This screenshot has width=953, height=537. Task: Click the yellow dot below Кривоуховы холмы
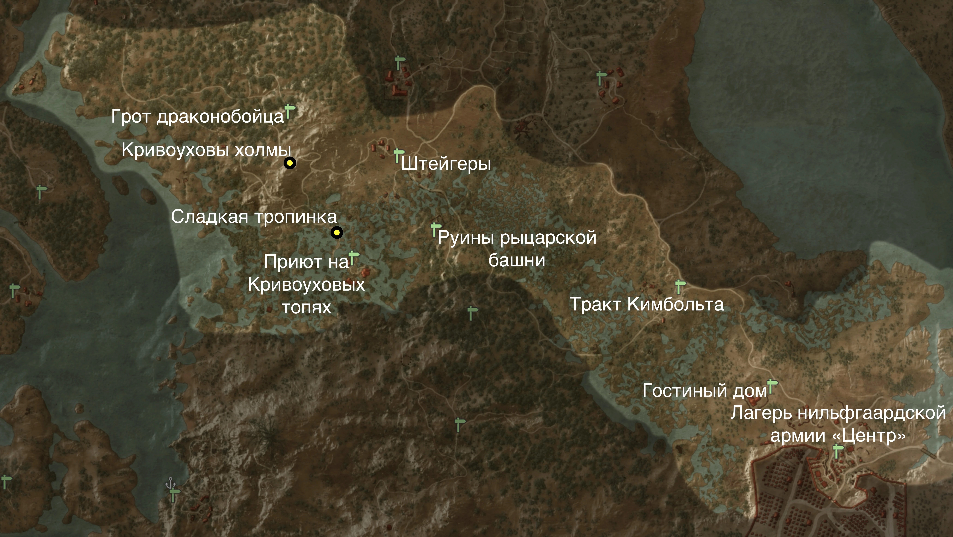290,163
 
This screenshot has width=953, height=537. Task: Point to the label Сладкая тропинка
254,217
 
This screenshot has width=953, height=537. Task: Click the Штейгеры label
446,164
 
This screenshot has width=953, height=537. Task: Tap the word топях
306,307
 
